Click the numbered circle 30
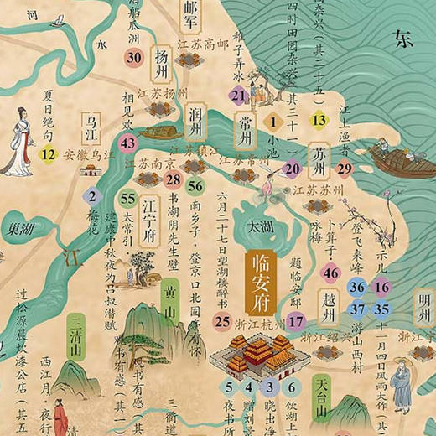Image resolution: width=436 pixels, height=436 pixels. click(x=134, y=57)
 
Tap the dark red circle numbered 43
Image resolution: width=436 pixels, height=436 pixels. click(x=128, y=143)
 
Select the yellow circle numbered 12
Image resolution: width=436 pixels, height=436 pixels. click(x=49, y=153)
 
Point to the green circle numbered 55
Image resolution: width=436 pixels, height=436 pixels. click(x=127, y=199)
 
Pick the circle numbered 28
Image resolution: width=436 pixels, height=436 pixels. click(x=173, y=178)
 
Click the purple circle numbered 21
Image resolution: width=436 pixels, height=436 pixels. click(x=239, y=96)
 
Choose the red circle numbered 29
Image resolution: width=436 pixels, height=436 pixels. click(x=345, y=167)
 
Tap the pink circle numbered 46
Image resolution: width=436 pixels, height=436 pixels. click(x=331, y=271)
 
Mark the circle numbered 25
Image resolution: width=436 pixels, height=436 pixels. click(x=222, y=320)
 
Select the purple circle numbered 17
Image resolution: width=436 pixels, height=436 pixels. click(x=295, y=319)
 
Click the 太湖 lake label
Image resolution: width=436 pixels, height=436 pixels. click(x=251, y=226)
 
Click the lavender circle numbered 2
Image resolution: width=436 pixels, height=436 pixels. click(x=91, y=198)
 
